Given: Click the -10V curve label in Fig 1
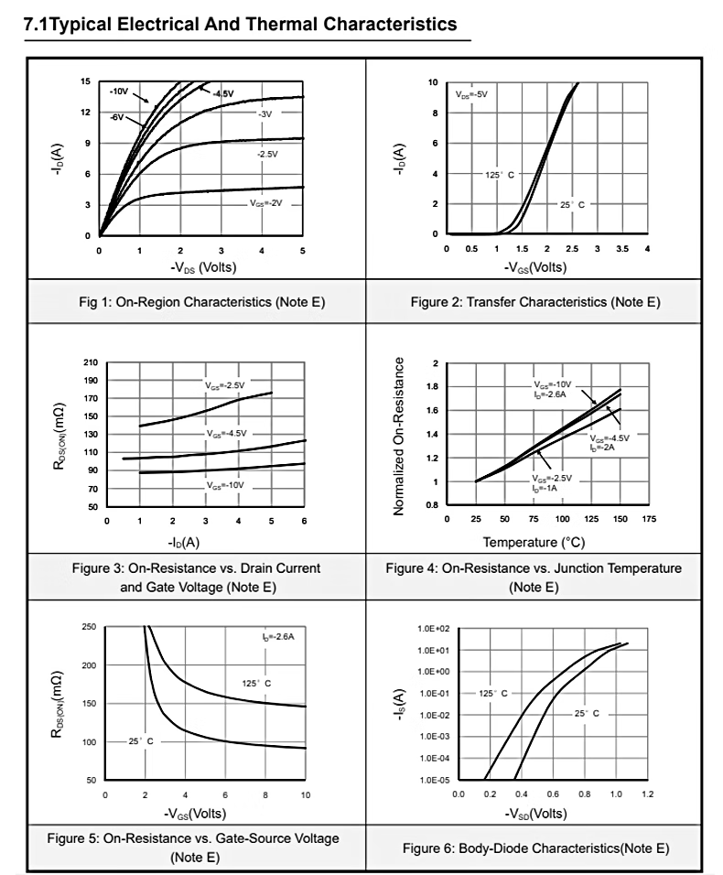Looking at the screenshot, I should [119, 92].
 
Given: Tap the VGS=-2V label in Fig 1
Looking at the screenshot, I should [266, 202].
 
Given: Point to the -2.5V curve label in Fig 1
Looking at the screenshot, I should [267, 155].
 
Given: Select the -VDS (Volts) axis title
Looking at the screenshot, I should [200, 267].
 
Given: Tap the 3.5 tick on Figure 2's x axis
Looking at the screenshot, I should [621, 249].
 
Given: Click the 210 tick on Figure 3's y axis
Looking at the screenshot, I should [91, 362].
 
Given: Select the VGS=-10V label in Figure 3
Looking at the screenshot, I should [226, 484].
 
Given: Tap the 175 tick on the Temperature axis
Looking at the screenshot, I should [649, 519].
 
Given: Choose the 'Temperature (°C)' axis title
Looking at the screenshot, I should [534, 543].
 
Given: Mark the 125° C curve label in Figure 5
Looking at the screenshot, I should [256, 683].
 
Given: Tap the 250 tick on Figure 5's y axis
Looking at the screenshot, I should [89, 627].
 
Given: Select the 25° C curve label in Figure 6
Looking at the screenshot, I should [587, 713].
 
